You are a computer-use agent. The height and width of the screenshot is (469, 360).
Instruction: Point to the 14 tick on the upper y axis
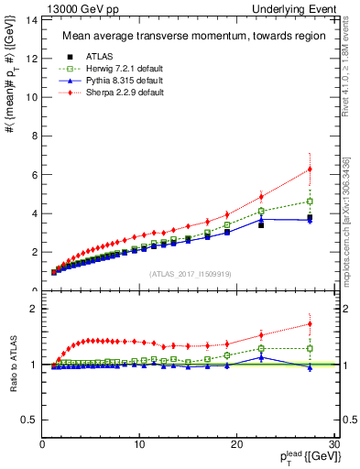[33, 19]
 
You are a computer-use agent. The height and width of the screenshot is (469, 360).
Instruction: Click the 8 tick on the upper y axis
[35, 136]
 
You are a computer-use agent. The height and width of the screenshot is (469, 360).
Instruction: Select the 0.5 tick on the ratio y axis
[30, 420]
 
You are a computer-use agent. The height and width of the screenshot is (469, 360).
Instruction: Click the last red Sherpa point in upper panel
[310, 169]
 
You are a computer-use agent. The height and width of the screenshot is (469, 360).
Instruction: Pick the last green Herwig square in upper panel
[310, 201]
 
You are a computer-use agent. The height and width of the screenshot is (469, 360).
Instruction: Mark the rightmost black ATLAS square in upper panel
[310, 218]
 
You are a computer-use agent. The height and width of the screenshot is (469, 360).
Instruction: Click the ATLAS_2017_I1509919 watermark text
[191, 273]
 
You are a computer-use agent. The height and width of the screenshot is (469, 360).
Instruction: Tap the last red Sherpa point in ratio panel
[310, 323]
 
